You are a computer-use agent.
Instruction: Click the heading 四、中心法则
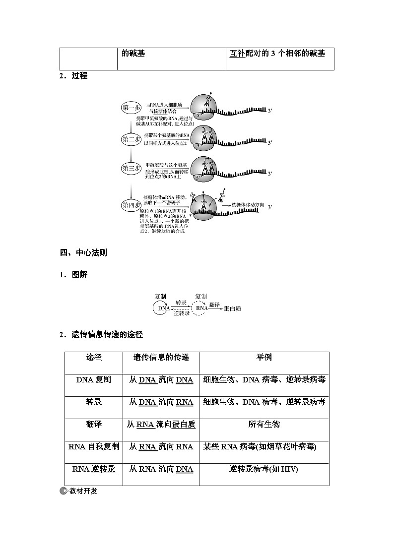coord(83,252)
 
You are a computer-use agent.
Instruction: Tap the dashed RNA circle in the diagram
coord(201,308)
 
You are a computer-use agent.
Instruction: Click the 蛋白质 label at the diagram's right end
coord(232,309)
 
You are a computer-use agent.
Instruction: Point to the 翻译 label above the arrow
coord(214,304)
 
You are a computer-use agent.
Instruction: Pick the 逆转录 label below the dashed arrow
coord(182,314)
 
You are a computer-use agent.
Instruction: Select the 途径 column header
coord(94,358)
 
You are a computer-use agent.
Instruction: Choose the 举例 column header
coord(264,358)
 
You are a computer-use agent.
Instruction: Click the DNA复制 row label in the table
coord(94,380)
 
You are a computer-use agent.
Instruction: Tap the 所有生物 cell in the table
coord(264,425)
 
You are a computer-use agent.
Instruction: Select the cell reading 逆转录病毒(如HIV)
coord(264,469)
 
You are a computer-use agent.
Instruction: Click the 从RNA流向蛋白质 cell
coord(161,425)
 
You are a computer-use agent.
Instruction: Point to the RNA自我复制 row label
coord(94,447)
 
